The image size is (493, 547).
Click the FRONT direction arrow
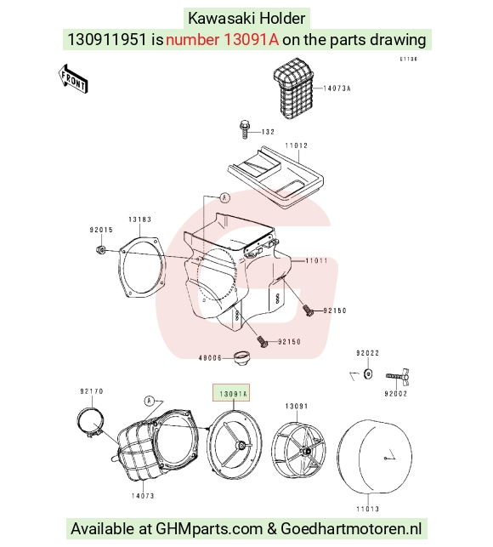click(x=73, y=79)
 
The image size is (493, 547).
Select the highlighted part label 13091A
click(x=233, y=394)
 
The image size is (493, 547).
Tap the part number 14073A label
click(x=337, y=88)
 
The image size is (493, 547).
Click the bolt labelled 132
click(x=245, y=129)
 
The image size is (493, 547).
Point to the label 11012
click(x=297, y=145)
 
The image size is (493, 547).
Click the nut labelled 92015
click(x=101, y=250)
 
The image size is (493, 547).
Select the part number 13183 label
click(x=139, y=219)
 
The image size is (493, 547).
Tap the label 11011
click(x=316, y=260)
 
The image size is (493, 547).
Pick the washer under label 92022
click(x=367, y=374)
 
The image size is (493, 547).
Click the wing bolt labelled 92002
click(x=398, y=376)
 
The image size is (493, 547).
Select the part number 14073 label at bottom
click(x=143, y=496)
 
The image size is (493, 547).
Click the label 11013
click(x=367, y=509)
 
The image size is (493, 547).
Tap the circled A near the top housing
click(x=225, y=198)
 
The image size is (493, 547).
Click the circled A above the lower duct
click(x=150, y=401)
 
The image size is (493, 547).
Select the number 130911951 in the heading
click(x=107, y=39)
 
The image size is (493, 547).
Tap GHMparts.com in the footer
click(x=208, y=529)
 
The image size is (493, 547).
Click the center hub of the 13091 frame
click(x=306, y=452)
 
